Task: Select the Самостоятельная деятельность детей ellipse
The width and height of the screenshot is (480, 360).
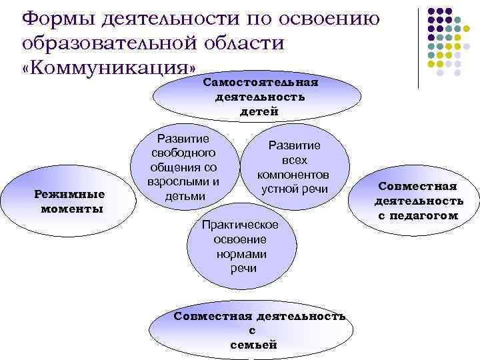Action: coord(260,97)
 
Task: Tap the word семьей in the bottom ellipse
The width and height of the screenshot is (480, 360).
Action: coord(253,345)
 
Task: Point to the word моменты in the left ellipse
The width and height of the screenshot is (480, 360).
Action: coord(71,209)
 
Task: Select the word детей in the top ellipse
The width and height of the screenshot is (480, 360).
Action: coord(259,111)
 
